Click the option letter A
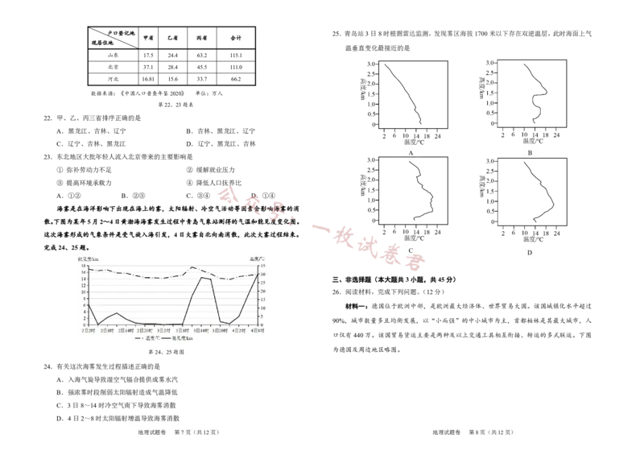point(411,152)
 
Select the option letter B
point(530,152)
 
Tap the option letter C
point(411,250)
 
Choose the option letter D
point(530,253)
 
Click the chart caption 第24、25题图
point(167,352)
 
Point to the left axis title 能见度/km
point(89,259)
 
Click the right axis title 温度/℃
point(257,259)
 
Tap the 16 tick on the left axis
point(84,272)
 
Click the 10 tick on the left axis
point(84,292)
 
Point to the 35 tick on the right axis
point(262,266)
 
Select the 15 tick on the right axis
point(262,300)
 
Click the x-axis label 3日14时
point(202,330)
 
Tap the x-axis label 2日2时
point(88,330)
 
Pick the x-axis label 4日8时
point(256,330)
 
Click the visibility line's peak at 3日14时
point(202,278)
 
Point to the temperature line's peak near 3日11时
point(192,267)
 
